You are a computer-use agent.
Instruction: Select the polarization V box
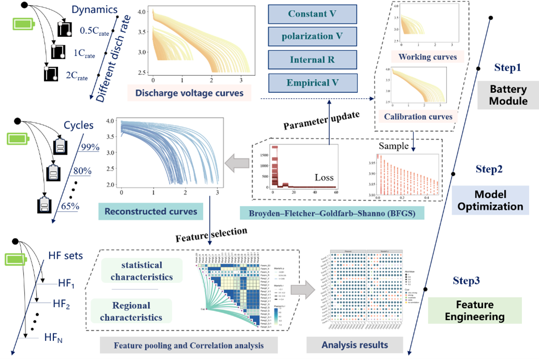(x=312, y=37)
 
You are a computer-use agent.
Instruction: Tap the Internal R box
(x=312, y=60)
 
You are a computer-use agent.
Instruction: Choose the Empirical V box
(x=312, y=82)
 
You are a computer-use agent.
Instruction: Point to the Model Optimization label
(x=490, y=200)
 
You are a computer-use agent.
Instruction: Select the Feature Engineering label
(x=474, y=310)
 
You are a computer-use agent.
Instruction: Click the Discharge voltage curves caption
(x=190, y=93)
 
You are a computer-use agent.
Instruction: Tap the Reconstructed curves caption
(x=150, y=211)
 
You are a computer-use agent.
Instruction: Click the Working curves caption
(x=427, y=57)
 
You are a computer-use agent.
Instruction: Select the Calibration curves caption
(x=418, y=117)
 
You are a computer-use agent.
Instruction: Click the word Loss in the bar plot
(x=324, y=177)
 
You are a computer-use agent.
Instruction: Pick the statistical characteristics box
(x=142, y=271)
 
